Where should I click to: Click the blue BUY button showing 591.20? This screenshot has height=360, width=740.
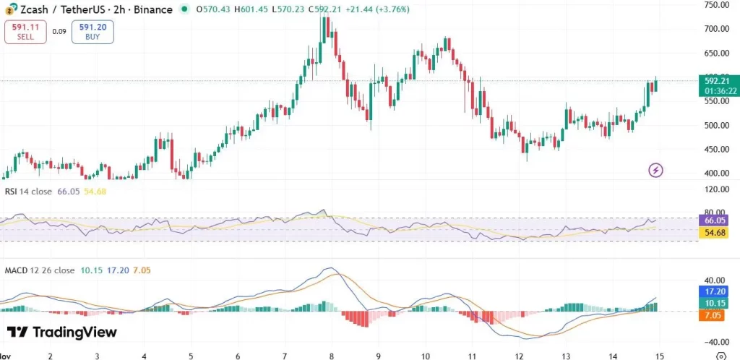(92, 32)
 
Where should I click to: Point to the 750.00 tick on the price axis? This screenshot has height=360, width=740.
(716, 4)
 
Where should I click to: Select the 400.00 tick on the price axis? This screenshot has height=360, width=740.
(716, 173)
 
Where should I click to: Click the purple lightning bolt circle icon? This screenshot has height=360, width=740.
(655, 171)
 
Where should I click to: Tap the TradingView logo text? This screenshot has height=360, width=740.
(61, 332)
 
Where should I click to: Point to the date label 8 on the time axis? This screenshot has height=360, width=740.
(331, 356)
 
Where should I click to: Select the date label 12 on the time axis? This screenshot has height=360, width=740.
(519, 356)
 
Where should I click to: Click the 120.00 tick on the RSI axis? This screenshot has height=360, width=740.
(716, 189)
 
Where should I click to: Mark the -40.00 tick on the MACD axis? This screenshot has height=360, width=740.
(716, 342)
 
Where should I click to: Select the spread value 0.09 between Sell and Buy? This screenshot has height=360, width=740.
(59, 32)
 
